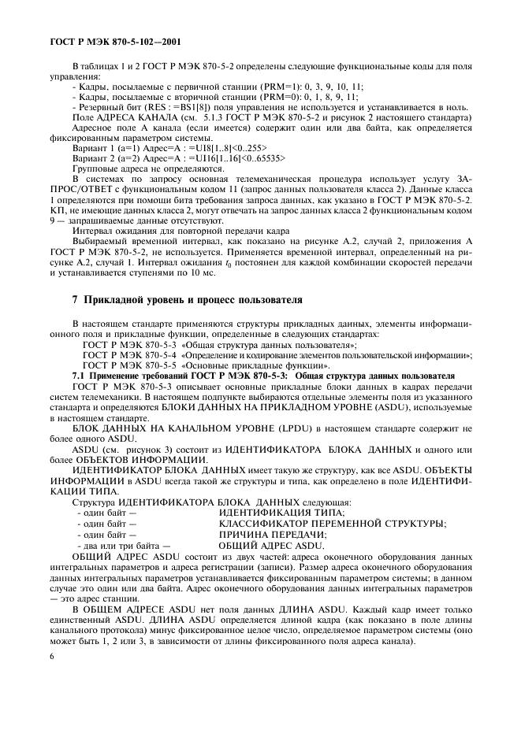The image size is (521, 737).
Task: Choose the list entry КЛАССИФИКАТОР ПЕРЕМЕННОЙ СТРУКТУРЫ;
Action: (332, 523)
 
